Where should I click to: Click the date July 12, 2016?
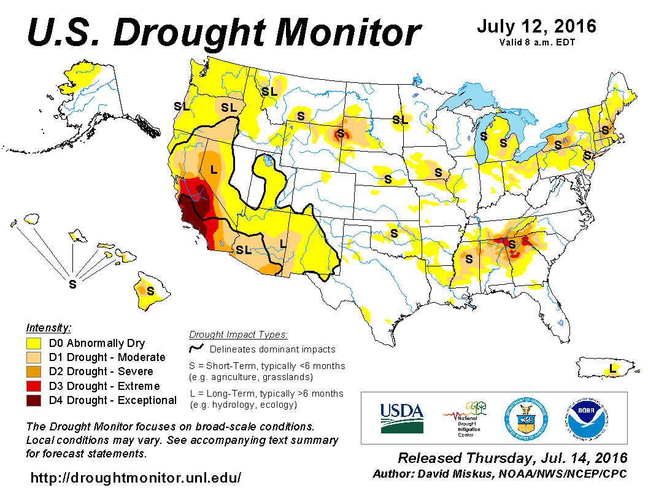pyautogui.click(x=536, y=27)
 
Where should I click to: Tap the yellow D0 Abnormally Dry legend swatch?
pyautogui.click(x=34, y=343)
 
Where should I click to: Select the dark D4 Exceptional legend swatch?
pyautogui.click(x=34, y=400)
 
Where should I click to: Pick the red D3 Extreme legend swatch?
pyautogui.click(x=34, y=386)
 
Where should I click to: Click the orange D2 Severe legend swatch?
pyautogui.click(x=34, y=371)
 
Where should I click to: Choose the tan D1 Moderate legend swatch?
pyautogui.click(x=34, y=357)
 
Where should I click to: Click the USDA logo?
pyautogui.click(x=402, y=417)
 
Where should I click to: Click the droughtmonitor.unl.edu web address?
pyautogui.click(x=136, y=477)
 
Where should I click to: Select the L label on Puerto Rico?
pyautogui.click(x=612, y=370)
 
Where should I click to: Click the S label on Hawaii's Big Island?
pyautogui.click(x=150, y=291)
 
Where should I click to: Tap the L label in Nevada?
pyautogui.click(x=213, y=169)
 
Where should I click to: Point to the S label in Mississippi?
pyautogui.click(x=469, y=259)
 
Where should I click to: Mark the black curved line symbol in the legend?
pyautogui.click(x=196, y=349)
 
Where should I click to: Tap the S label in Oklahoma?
pyautogui.click(x=394, y=234)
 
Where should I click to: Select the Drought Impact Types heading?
pyautogui.click(x=237, y=335)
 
